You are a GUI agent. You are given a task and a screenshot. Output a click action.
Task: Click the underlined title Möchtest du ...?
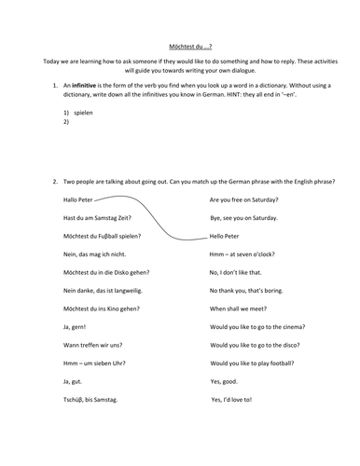click(181, 44)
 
